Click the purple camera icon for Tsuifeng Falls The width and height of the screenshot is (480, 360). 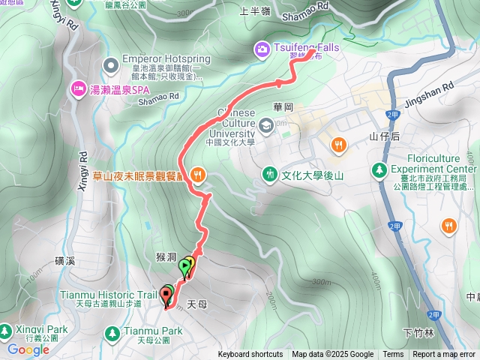(x=262, y=49)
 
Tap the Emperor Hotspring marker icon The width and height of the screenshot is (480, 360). (x=111, y=66)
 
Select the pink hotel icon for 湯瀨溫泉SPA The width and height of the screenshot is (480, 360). (x=77, y=90)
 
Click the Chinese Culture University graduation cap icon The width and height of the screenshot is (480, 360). (x=268, y=124)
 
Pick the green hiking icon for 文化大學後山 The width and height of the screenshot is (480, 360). (x=270, y=175)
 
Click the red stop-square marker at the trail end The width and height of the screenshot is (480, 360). (x=166, y=295)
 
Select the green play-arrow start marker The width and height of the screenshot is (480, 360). (x=184, y=265)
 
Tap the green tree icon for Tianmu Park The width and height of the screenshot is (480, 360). (x=112, y=331)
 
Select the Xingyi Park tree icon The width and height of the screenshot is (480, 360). (x=6, y=330)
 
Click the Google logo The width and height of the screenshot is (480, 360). (x=28, y=349)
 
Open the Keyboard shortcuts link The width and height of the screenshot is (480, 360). (x=250, y=355)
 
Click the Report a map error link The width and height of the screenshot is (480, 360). (x=443, y=355)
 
